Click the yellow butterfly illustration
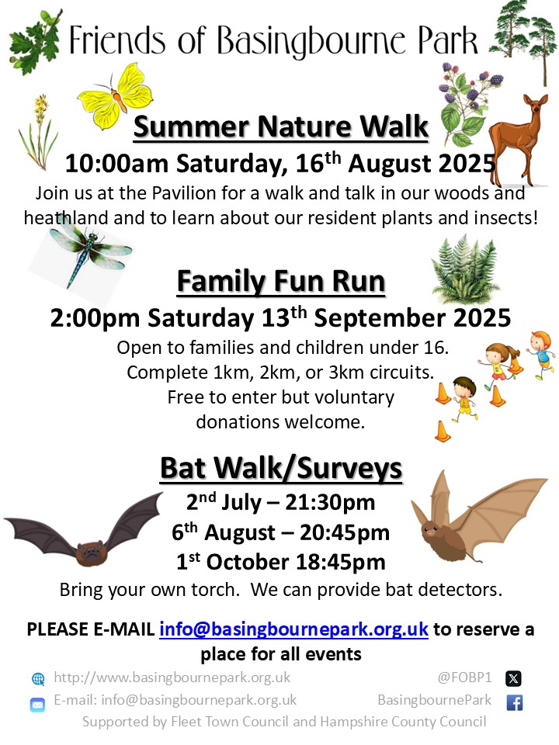pos(115,96)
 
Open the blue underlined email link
pos(293,629)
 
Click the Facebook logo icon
pos(514,702)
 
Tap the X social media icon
pos(513,678)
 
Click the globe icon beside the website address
pos(38,678)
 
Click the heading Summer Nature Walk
pos(281,126)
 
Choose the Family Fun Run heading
pos(281,281)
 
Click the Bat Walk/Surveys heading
pos(281,468)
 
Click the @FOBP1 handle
pos(465,677)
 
